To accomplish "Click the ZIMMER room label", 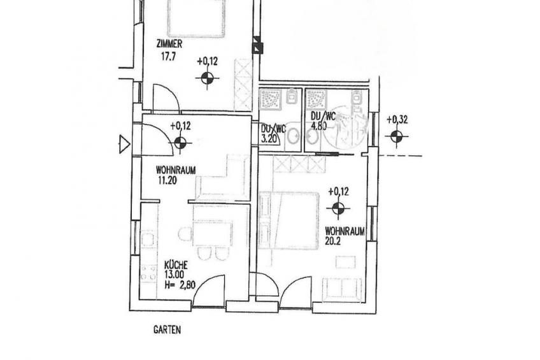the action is (x=169, y=44).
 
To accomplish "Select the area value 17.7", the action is (x=168, y=57).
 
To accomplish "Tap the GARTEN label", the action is (x=167, y=329).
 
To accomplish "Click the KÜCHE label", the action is (x=176, y=265).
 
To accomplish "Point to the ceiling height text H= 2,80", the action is (x=180, y=285).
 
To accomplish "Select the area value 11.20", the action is (x=167, y=180).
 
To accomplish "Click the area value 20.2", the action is (x=332, y=241).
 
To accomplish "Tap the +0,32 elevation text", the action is (x=397, y=120).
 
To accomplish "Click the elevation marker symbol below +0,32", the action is (x=397, y=137).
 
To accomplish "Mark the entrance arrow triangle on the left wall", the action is (x=124, y=144).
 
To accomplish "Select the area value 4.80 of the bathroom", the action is (x=318, y=126).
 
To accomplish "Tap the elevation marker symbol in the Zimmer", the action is (x=207, y=78).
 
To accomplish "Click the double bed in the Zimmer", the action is (x=196, y=18).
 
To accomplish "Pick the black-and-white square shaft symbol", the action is (x=257, y=45).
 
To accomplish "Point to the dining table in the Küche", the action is (x=213, y=234).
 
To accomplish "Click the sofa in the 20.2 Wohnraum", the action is (x=342, y=289).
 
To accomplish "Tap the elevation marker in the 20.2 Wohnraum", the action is (x=338, y=208).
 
